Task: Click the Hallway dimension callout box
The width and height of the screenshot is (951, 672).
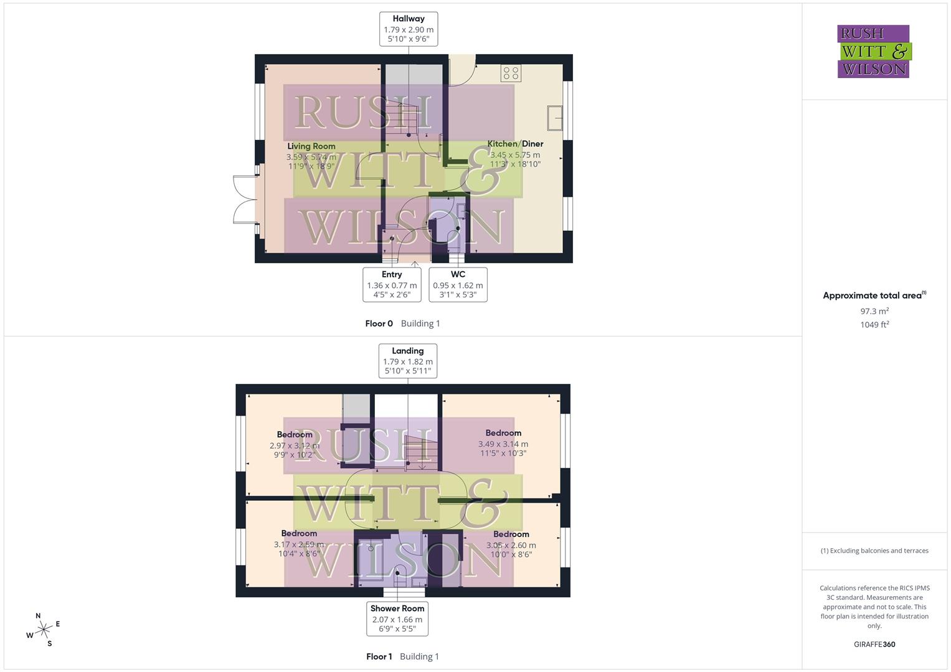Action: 409,29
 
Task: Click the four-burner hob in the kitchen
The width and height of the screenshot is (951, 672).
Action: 511,73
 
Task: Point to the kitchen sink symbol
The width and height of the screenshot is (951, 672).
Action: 555,118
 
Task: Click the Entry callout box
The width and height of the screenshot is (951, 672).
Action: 392,284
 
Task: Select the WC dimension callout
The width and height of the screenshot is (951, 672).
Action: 458,284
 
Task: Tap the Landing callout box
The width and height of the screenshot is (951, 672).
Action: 408,361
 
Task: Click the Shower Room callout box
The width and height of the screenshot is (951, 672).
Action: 397,618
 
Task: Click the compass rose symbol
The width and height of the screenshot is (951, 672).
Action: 44,630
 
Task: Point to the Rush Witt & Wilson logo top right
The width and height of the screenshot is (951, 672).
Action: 874,52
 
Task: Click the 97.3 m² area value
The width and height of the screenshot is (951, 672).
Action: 874,311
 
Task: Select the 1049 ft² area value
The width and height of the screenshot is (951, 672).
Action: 874,325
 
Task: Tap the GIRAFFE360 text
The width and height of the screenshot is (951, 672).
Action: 874,645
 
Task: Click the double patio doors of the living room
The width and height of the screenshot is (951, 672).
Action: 245,199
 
